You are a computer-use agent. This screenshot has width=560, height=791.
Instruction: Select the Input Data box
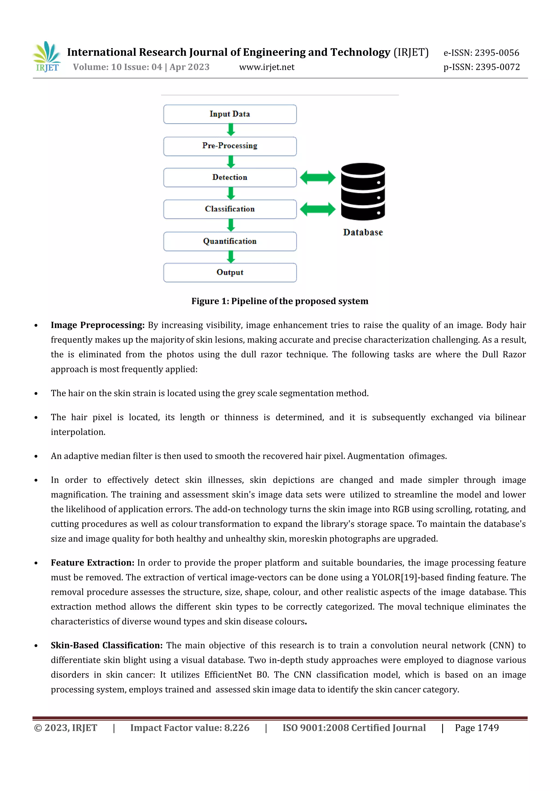[230, 114]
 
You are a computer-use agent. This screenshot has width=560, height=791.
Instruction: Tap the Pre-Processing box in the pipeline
[230, 146]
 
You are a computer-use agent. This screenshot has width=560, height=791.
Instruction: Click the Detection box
[230, 178]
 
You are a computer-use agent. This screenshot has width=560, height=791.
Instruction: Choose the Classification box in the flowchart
[230, 209]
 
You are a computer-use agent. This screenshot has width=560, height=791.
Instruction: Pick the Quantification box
[230, 241]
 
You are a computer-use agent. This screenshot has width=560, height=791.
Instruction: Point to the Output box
[230, 273]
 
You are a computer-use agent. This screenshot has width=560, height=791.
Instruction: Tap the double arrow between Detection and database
[317, 178]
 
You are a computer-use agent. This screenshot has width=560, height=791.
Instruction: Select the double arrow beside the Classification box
[317, 209]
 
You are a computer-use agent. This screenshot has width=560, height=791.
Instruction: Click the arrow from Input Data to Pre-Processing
[231, 130]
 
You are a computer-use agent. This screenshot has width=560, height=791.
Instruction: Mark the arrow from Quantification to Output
[231, 257]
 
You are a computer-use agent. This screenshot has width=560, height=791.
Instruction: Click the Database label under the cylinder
[363, 232]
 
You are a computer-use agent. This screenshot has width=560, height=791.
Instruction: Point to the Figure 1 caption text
[280, 301]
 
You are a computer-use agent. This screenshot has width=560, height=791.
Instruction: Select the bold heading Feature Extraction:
[92, 563]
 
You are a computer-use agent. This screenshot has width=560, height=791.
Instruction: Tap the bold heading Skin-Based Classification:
[107, 645]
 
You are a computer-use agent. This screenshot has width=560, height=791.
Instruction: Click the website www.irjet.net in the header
[267, 67]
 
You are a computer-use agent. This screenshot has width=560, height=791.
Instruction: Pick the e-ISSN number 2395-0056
[497, 53]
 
